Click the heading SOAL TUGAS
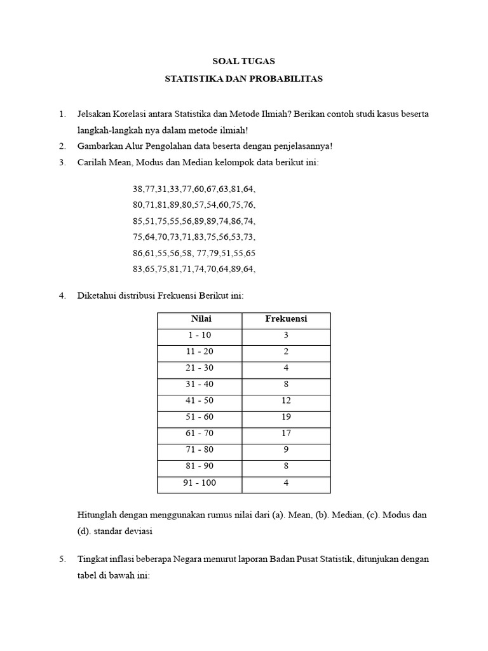[244, 62]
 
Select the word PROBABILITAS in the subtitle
[289, 79]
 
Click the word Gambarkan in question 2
[97, 146]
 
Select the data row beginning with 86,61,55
[194, 252]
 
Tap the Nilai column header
[201, 319]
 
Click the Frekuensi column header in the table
[286, 319]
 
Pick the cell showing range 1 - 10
[201, 336]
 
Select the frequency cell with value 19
[286, 417]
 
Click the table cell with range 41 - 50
[201, 401]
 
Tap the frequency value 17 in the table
[286, 434]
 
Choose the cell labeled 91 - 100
[201, 483]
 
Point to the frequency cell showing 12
[286, 401]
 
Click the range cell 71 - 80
[201, 450]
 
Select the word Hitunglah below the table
[97, 515]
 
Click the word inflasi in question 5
[119, 559]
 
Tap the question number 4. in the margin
[62, 296]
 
